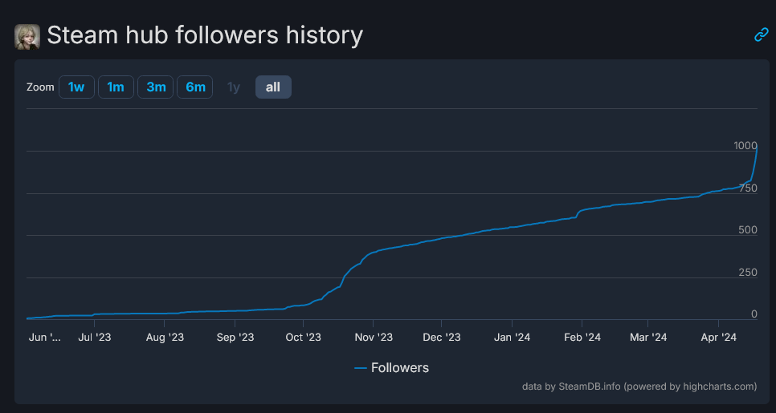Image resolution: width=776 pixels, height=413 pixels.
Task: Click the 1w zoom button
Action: click(x=76, y=87)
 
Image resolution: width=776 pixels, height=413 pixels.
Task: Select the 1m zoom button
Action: click(x=116, y=87)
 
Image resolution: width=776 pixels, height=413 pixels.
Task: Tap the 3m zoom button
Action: click(x=156, y=87)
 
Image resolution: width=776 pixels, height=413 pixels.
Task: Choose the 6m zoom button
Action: click(x=195, y=87)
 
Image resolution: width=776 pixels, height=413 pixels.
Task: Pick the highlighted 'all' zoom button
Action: click(x=273, y=87)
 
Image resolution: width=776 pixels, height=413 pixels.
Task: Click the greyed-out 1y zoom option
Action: click(x=234, y=87)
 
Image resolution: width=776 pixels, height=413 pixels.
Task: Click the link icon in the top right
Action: click(x=761, y=34)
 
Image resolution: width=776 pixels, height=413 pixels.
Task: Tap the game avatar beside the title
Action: click(x=27, y=36)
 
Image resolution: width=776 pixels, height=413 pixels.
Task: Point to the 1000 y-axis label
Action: click(x=745, y=146)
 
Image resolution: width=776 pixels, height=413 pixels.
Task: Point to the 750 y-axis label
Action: click(x=748, y=188)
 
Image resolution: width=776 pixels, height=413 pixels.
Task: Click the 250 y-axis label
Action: click(x=748, y=272)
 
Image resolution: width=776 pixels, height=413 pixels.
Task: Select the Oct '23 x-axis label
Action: click(x=304, y=338)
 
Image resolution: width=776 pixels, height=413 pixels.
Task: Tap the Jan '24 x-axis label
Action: click(x=512, y=338)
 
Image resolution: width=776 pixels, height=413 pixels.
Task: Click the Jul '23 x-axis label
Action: click(x=95, y=338)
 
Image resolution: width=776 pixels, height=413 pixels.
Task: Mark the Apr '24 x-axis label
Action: click(x=719, y=338)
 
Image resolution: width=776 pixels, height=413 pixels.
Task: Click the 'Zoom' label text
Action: click(x=39, y=87)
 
